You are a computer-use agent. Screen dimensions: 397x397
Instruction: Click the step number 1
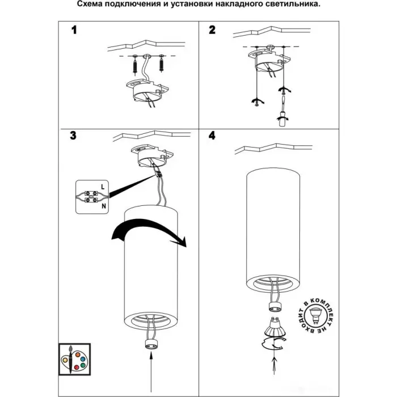pyautogui.click(x=73, y=30)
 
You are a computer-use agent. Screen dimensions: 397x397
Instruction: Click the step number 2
pyautogui.click(x=212, y=30)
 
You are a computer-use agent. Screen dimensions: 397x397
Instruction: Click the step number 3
pyautogui.click(x=73, y=136)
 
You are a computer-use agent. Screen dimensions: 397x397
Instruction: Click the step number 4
pyautogui.click(x=212, y=136)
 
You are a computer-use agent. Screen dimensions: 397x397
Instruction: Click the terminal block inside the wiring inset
pyautogui.click(x=90, y=196)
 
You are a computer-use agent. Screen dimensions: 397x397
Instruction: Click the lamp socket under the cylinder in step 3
pyautogui.click(x=151, y=344)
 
